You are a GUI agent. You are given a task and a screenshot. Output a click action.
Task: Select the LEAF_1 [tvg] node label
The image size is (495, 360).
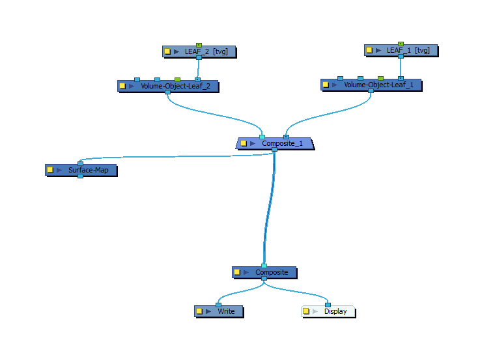[x=408, y=50]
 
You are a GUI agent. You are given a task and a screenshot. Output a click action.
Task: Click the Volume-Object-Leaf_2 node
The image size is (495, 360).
[x=175, y=86]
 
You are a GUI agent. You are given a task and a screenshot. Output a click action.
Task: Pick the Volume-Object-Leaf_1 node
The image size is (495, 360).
[x=378, y=85]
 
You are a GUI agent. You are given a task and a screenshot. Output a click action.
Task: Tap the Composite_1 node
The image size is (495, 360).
[x=281, y=143]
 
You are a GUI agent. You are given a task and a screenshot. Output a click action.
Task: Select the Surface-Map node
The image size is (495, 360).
[x=87, y=170]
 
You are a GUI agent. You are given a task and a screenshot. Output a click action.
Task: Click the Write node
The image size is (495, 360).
[x=225, y=311]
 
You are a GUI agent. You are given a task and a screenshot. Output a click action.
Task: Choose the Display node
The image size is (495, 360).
[x=335, y=311]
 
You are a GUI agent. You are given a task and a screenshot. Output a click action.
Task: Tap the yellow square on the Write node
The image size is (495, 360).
[x=199, y=311]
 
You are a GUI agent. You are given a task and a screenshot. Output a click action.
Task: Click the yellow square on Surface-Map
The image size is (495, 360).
[x=50, y=170]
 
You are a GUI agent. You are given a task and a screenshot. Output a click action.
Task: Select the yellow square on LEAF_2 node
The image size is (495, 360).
[x=167, y=51]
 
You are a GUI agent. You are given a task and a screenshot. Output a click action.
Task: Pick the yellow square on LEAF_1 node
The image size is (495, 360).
[x=369, y=50]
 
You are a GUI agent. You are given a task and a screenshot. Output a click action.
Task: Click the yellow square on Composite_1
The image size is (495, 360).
[x=244, y=143]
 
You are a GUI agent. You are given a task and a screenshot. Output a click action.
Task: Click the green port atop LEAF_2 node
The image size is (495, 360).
[x=199, y=46]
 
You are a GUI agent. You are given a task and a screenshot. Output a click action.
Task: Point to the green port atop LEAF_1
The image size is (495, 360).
[x=401, y=44]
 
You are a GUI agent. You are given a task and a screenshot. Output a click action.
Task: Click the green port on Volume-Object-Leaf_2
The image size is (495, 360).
[x=177, y=79]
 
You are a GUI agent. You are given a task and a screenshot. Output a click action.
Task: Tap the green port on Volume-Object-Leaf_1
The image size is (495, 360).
[x=380, y=78]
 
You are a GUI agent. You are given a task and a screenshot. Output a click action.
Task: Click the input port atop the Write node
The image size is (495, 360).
[x=218, y=304]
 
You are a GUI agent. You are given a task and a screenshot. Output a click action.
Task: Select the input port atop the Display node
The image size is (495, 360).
[x=328, y=304]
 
